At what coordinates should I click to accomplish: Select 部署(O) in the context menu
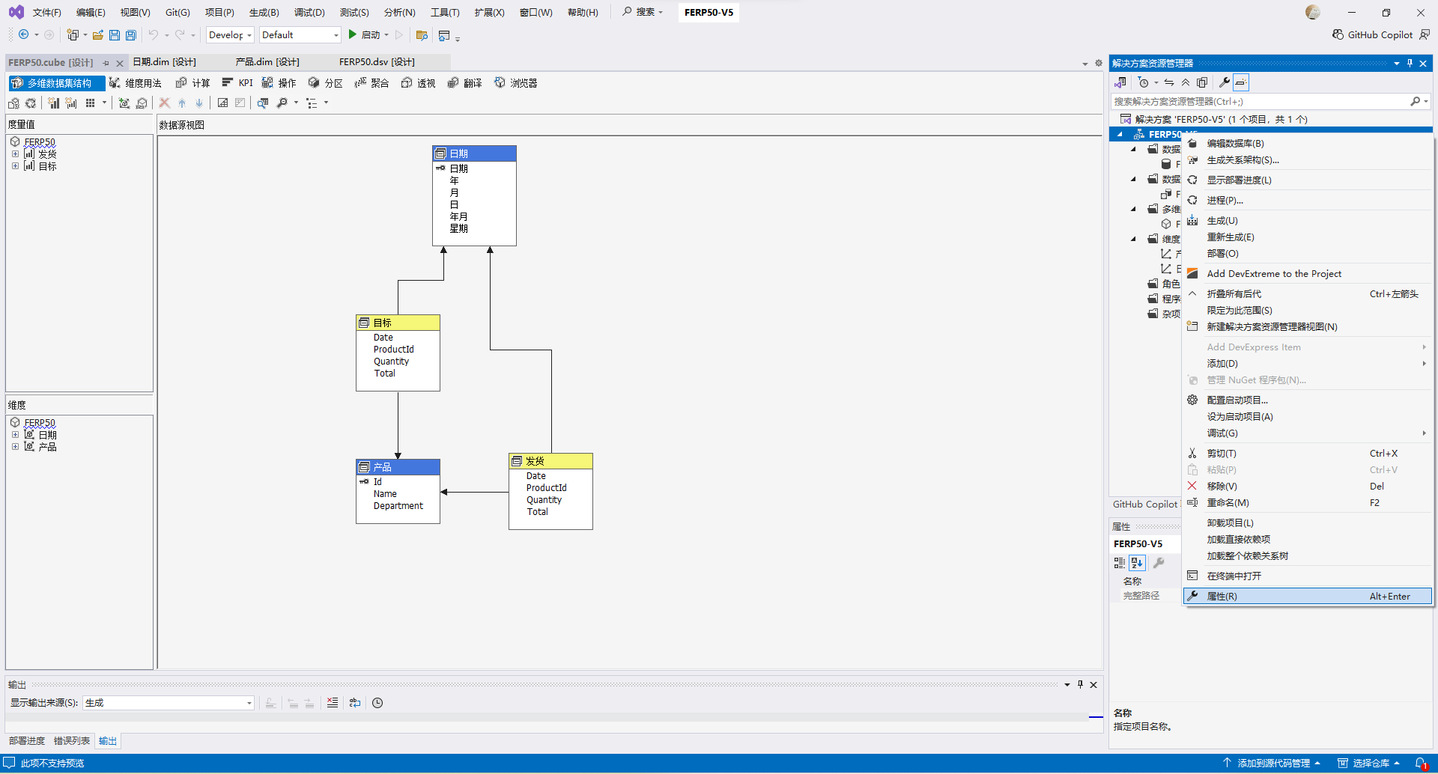1222,254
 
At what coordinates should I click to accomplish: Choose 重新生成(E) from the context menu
1230,237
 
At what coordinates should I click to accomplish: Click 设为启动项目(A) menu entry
1240,417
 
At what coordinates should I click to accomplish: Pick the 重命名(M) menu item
1228,503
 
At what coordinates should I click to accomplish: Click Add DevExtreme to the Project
1274,274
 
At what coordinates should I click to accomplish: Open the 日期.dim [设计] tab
164,62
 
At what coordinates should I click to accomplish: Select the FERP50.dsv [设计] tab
377,62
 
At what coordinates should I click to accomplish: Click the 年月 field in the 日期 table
458,217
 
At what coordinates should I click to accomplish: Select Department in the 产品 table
398,506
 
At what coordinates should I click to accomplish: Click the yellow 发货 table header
550,461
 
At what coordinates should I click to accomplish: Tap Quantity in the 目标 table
392,362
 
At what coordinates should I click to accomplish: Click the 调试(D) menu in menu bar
309,13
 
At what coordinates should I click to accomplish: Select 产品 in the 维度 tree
47,447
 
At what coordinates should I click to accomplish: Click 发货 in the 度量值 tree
47,154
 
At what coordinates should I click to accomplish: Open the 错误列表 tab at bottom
72,741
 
